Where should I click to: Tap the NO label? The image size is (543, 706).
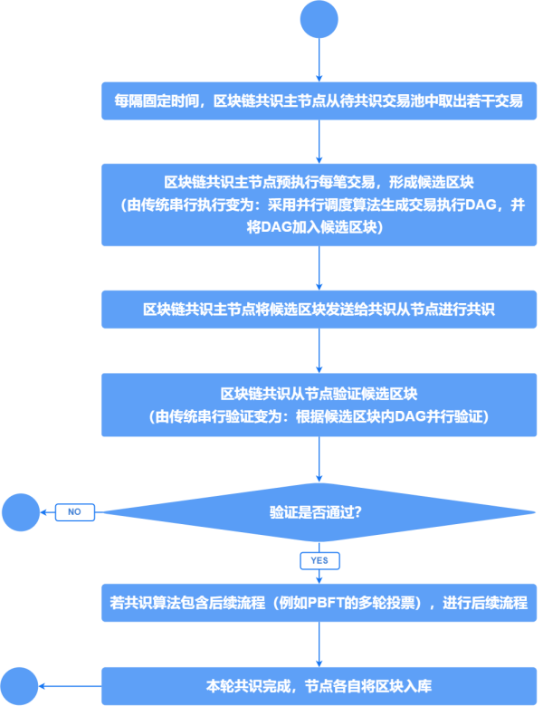pyautogui.click(x=75, y=512)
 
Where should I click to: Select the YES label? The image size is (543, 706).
pyautogui.click(x=319, y=560)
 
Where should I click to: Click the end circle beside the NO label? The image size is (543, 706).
pyautogui.click(x=20, y=512)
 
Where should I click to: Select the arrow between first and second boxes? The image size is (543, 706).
pyautogui.click(x=319, y=141)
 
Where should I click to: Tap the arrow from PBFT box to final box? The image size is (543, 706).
pyautogui.click(x=319, y=644)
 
